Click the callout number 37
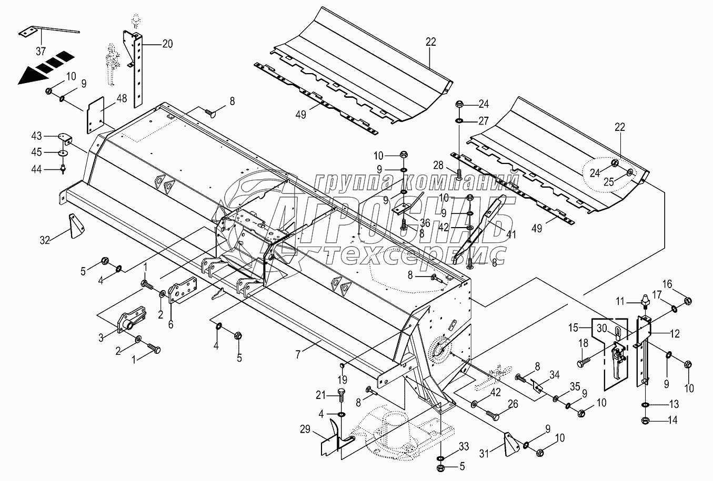pyautogui.click(x=41, y=52)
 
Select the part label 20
pyautogui.click(x=167, y=44)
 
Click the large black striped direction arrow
pyautogui.click(x=45, y=67)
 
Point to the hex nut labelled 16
pyautogui.click(x=687, y=301)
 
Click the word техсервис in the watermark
pyautogui.click(x=416, y=256)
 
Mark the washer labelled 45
pyautogui.click(x=63, y=152)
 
